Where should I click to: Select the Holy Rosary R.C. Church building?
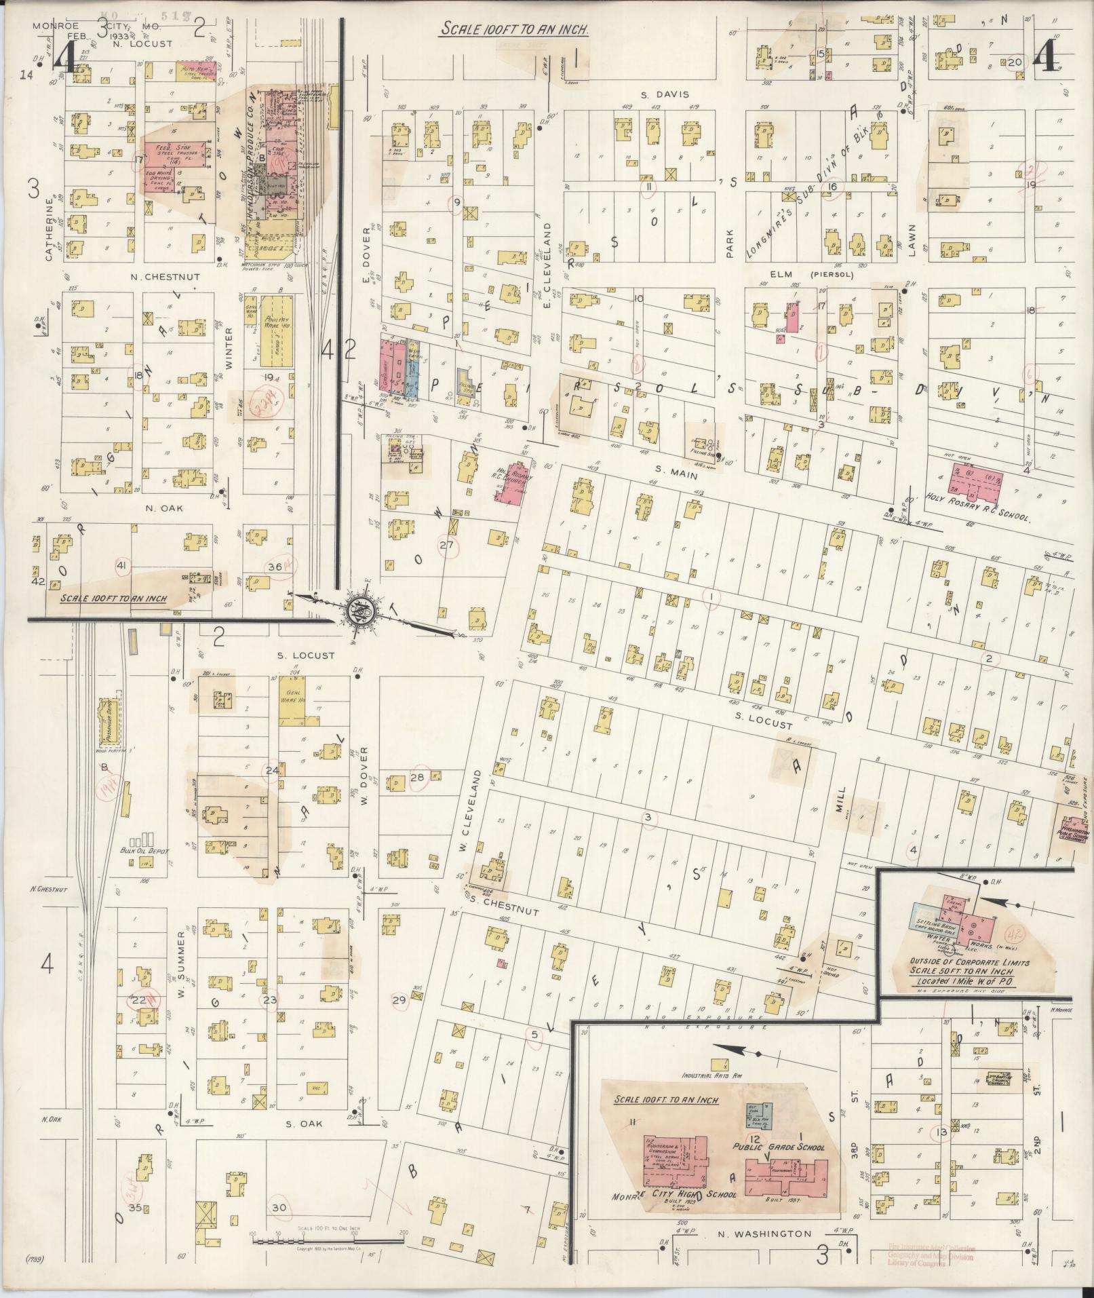coord(514,484)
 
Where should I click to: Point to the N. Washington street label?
coord(762,1234)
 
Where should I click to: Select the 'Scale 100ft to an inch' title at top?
coord(514,29)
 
